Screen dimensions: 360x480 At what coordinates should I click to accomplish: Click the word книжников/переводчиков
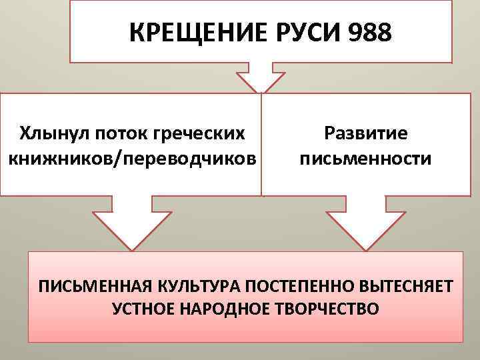coord(131,160)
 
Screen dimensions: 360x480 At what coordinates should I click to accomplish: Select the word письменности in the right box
coord(365,160)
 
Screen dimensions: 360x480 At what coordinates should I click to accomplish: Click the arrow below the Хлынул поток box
coord(133,223)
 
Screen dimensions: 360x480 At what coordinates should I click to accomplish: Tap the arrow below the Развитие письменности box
coord(365,223)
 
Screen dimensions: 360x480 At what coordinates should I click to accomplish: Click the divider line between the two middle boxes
coord(261,143)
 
